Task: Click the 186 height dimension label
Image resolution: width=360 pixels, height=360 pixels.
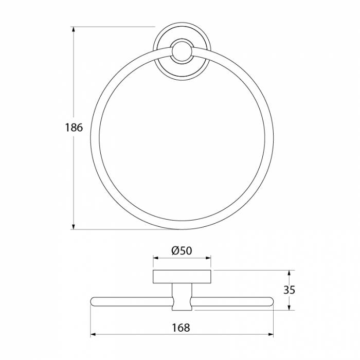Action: click(74, 128)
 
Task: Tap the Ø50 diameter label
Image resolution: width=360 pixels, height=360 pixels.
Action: click(182, 251)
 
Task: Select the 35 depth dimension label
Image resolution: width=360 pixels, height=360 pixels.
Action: click(289, 290)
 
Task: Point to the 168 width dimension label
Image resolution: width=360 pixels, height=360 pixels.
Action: click(181, 328)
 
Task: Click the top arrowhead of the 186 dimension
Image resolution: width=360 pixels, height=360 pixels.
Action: click(74, 30)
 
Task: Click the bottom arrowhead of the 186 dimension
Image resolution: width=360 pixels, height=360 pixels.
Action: click(74, 226)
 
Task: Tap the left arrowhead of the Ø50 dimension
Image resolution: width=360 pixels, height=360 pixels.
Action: click(156, 258)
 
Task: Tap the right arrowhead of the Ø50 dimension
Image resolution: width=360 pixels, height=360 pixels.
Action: click(208, 258)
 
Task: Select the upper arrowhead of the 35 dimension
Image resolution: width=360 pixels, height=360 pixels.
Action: click(289, 274)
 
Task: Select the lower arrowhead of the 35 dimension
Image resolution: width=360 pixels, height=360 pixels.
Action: click(289, 307)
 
